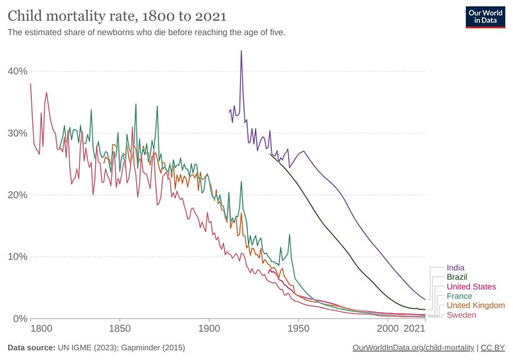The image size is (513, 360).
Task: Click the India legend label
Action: pyautogui.click(x=455, y=267)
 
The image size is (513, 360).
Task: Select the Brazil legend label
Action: pyautogui.click(x=457, y=277)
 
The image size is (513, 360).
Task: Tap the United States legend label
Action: pyautogui.click(x=471, y=287)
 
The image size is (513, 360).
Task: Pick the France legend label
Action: pyautogui.click(x=459, y=296)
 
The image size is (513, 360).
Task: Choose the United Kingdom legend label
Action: pyautogui.click(x=475, y=305)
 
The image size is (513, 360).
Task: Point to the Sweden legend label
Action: pyautogui.click(x=461, y=315)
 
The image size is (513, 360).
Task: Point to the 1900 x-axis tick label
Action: pyautogui.click(x=209, y=329)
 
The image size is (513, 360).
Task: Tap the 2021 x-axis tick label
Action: pyautogui.click(x=415, y=329)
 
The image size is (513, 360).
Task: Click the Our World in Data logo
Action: pyautogui.click(x=485, y=17)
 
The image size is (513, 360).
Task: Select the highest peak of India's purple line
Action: pyautogui.click(x=241, y=51)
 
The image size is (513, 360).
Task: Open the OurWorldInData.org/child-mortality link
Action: pyautogui.click(x=413, y=347)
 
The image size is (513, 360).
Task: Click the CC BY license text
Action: pyautogui.click(x=493, y=347)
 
